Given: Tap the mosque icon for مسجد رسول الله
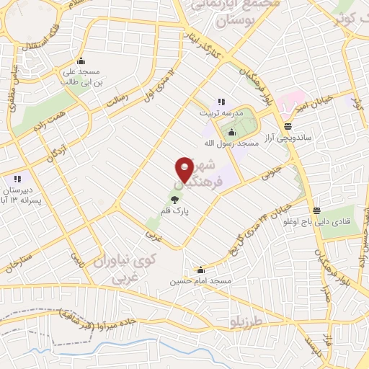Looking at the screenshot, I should pyautogui.click(x=231, y=132).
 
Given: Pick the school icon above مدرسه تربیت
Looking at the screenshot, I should pyautogui.click(x=221, y=102).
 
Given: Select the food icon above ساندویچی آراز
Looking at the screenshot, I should pyautogui.click(x=288, y=126).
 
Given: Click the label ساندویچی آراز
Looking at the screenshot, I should pyautogui.click(x=288, y=137).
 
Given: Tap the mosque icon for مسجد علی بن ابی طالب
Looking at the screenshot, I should pyautogui.click(x=82, y=61).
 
